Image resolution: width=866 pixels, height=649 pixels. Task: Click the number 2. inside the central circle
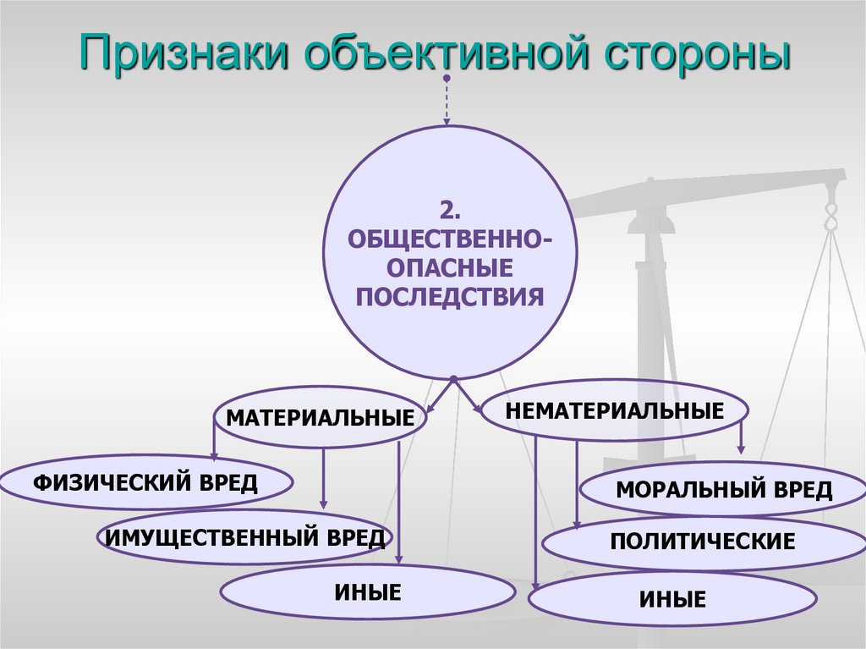click(x=451, y=208)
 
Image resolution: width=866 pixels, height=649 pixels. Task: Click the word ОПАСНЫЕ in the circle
click(x=450, y=267)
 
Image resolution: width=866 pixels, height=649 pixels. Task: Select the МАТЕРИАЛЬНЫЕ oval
click(x=320, y=417)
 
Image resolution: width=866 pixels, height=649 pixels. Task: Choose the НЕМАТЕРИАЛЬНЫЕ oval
click(x=615, y=412)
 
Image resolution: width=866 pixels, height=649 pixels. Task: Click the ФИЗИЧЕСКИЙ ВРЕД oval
click(x=145, y=484)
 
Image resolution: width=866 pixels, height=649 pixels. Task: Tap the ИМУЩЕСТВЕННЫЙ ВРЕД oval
click(x=244, y=536)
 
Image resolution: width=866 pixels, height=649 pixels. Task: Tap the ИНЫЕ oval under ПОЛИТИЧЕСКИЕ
click(x=672, y=599)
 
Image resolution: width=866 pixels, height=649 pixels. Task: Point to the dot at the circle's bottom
click(x=454, y=378)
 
